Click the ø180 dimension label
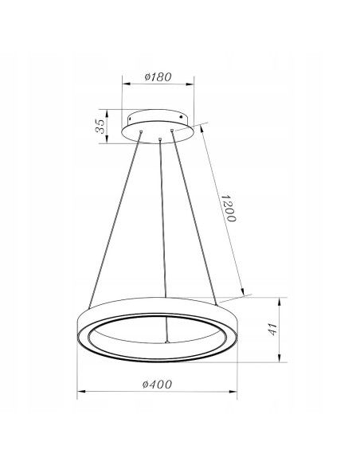158,76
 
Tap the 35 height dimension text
100,126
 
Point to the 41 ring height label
273,329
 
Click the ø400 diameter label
157,385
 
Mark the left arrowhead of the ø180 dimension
127,84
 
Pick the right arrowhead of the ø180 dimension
190,84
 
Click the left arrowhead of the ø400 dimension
81,392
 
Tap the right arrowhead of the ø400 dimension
233,392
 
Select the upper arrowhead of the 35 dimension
107,114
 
